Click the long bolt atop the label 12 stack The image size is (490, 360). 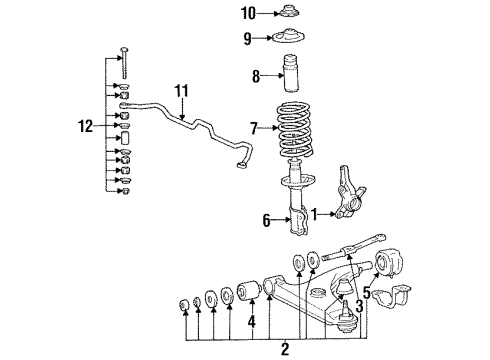click(124, 62)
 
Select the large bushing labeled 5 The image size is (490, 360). click(388, 263)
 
